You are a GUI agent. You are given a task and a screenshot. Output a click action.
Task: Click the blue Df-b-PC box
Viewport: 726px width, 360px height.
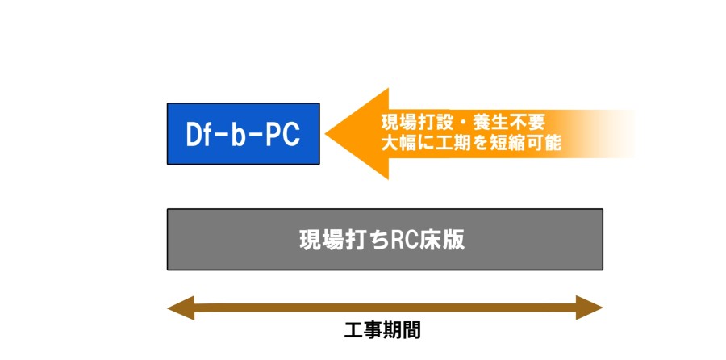[243, 134]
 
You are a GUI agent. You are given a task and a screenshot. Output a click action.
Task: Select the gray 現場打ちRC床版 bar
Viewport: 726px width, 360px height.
[385, 240]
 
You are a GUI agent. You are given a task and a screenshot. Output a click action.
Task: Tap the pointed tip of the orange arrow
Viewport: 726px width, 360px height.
[328, 134]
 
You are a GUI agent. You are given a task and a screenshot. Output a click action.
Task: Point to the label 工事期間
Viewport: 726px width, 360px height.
[382, 331]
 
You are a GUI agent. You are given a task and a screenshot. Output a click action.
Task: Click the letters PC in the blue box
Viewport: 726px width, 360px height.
[282, 135]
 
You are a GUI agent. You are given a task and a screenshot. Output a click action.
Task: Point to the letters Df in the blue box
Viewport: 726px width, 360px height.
[198, 135]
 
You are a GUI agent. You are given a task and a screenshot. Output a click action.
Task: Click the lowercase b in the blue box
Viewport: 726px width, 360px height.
[240, 135]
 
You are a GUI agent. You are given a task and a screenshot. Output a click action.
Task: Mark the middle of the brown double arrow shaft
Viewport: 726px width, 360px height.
[385, 308]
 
